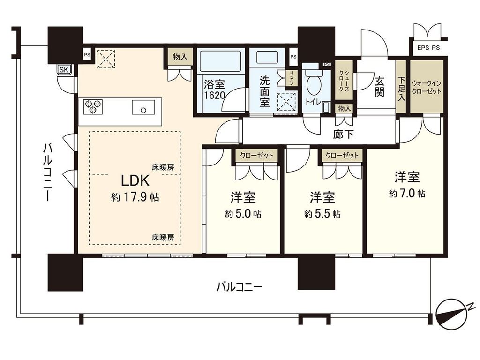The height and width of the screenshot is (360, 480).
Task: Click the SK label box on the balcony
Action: point(63,70)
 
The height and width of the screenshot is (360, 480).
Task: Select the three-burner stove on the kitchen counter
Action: point(93,106)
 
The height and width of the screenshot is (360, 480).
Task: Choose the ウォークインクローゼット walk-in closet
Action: point(427,86)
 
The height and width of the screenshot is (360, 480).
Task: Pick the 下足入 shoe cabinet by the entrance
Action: point(401,86)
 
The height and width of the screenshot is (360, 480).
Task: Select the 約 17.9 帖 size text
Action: point(135,197)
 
